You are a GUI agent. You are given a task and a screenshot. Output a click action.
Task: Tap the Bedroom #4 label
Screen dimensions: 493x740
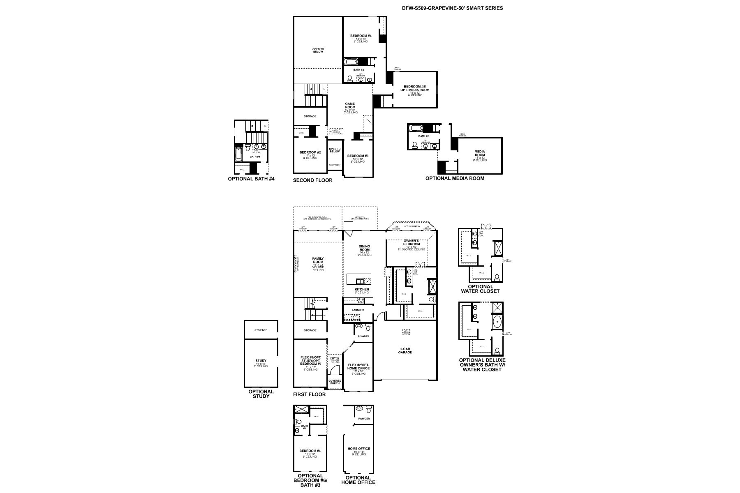[361, 36]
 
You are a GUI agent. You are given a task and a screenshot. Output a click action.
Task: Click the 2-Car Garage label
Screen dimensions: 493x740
[405, 350]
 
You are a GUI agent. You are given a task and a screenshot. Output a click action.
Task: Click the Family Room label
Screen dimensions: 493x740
[318, 260]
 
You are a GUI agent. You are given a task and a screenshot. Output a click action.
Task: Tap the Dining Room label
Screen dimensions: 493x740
[364, 248]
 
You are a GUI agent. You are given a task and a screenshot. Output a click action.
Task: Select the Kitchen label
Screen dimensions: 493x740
[362, 289]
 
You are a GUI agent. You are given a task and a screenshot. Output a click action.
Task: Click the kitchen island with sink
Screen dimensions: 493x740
[359, 280]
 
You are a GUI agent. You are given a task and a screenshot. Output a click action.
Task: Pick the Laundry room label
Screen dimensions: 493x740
[358, 310]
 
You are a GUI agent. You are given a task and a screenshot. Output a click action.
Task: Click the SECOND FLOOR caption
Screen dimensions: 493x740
[312, 180]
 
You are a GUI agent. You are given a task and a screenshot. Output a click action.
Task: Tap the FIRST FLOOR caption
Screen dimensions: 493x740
[309, 394]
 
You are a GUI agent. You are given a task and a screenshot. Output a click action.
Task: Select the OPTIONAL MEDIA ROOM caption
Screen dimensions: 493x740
[454, 178]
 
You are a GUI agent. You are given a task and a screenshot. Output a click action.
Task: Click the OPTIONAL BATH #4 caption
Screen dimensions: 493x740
[251, 179]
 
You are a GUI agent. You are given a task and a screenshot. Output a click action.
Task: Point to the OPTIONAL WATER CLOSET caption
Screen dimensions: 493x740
[480, 289]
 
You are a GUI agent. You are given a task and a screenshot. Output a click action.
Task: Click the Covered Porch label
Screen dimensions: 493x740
[335, 382]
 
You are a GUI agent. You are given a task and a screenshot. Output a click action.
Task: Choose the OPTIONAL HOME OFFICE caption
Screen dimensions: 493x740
[358, 480]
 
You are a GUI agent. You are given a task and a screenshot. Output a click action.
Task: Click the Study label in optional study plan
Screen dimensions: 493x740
[261, 361]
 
